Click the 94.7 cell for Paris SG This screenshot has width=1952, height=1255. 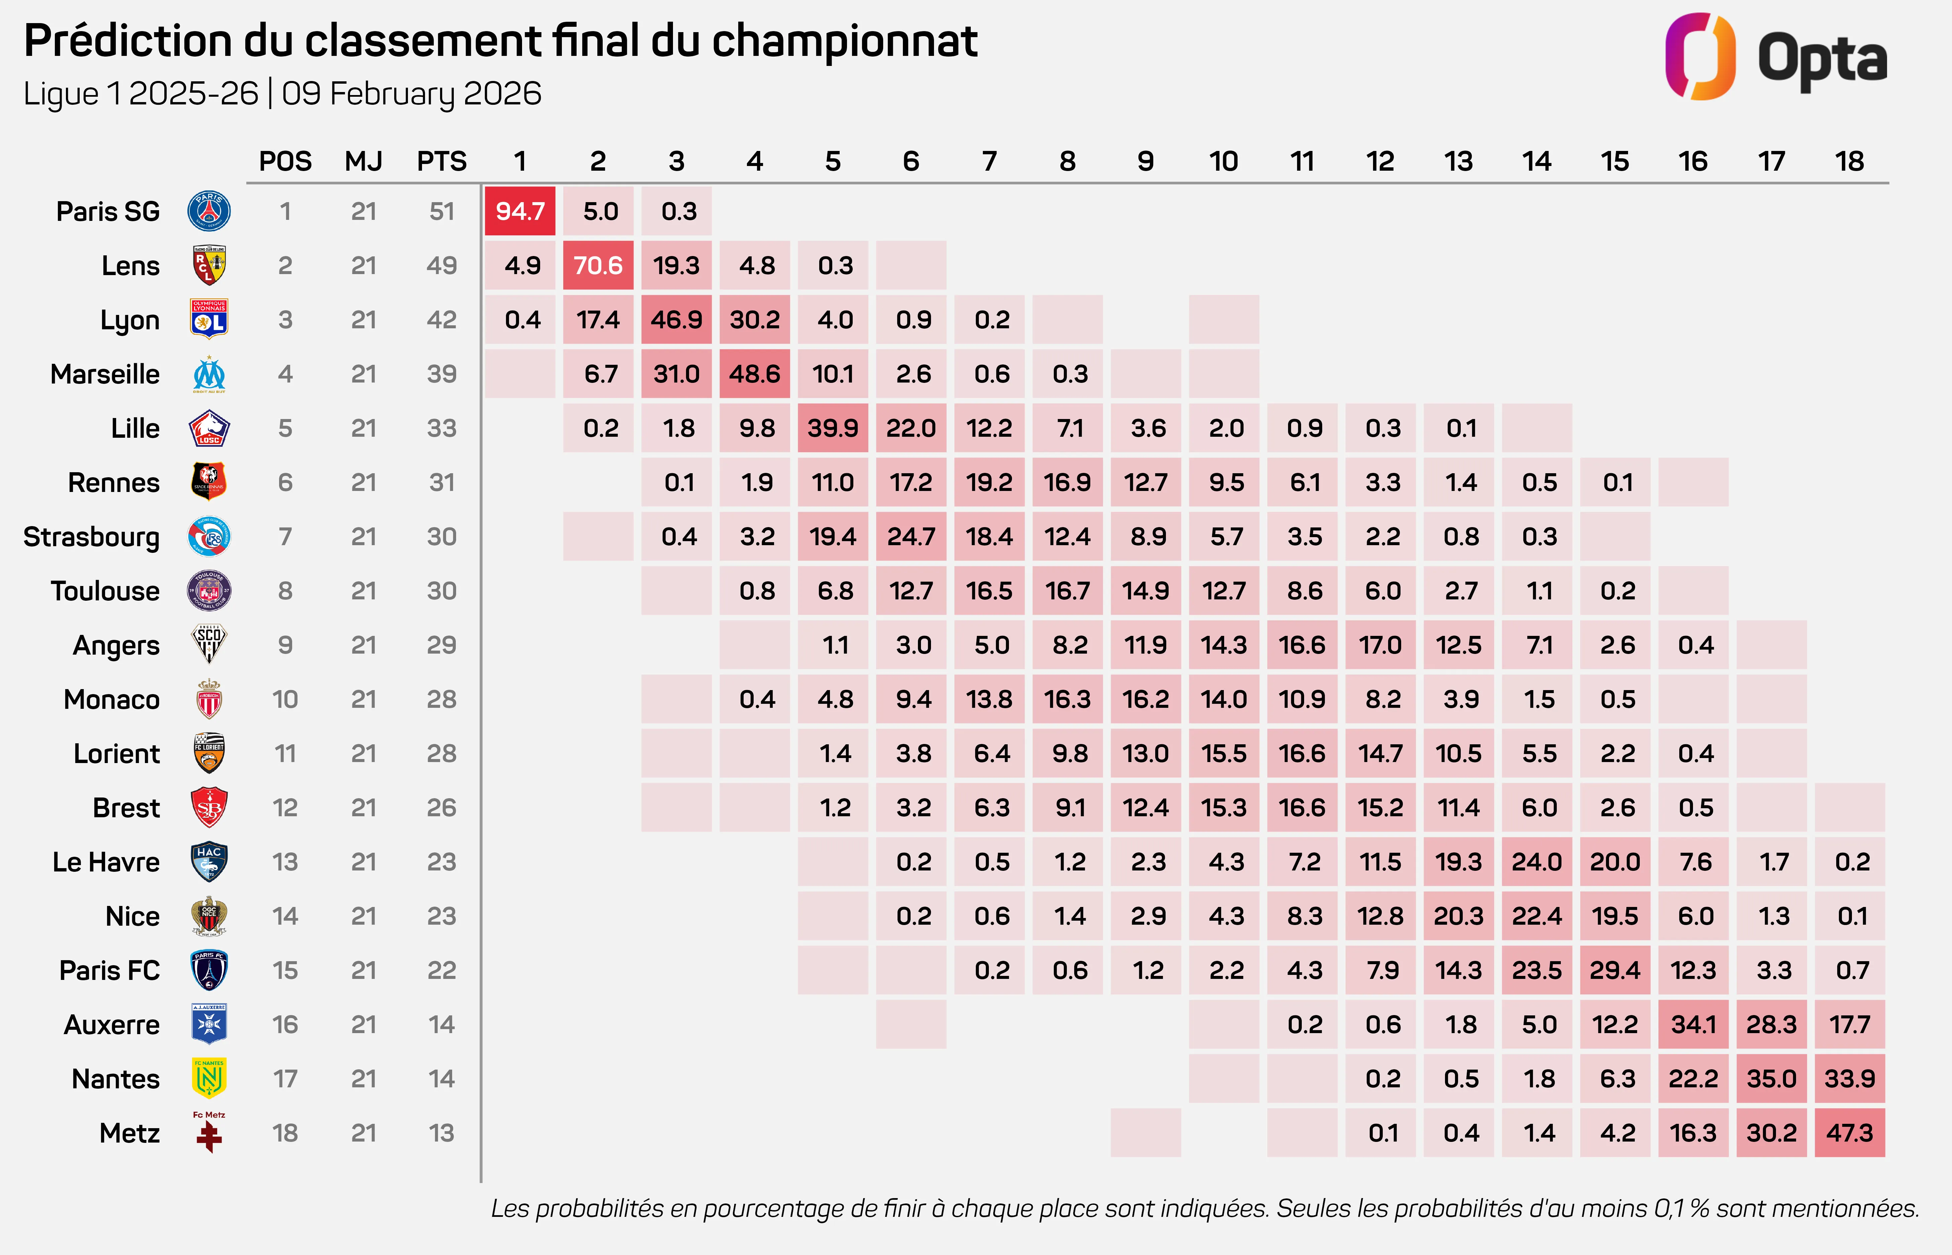click(520, 211)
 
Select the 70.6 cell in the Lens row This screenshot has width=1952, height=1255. click(598, 266)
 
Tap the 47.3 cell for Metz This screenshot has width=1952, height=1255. click(1849, 1133)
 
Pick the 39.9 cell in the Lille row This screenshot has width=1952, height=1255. click(833, 428)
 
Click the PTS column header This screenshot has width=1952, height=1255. click(441, 161)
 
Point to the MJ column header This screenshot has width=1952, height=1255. click(363, 161)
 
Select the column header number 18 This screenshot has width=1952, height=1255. click(1849, 161)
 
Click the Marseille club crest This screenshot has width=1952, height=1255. click(209, 374)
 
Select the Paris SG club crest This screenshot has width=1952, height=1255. click(209, 211)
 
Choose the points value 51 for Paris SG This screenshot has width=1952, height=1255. click(441, 211)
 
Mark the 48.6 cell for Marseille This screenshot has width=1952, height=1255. click(754, 374)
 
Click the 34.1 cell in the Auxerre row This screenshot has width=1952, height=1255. click(1693, 1024)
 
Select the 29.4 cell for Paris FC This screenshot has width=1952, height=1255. click(1615, 970)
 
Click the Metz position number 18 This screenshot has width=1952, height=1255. click(285, 1133)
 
